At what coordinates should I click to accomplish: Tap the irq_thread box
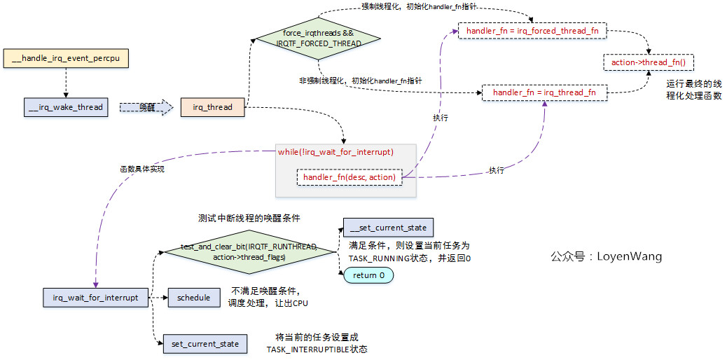pyautogui.click(x=212, y=107)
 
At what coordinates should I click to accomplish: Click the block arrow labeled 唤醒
pyautogui.click(x=146, y=107)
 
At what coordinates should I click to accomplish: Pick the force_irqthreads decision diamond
pyautogui.click(x=319, y=39)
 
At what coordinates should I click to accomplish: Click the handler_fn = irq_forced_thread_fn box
pyautogui.click(x=532, y=32)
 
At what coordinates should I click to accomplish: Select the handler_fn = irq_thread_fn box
pyautogui.click(x=544, y=92)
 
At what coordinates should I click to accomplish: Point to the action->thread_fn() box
pyautogui.click(x=648, y=62)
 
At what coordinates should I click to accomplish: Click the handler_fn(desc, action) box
pyautogui.click(x=349, y=177)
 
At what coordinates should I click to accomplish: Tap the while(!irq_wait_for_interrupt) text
pyautogui.click(x=335, y=152)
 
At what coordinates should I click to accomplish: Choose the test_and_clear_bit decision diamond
pyautogui.click(x=249, y=252)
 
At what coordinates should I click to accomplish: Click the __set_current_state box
pyautogui.click(x=388, y=228)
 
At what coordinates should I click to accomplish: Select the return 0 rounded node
pyautogui.click(x=368, y=275)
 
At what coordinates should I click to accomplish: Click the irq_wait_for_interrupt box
pyautogui.click(x=95, y=297)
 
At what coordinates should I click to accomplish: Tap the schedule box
pyautogui.click(x=193, y=297)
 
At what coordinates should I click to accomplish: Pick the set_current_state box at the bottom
pyautogui.click(x=205, y=343)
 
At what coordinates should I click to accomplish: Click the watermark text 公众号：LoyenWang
pyautogui.click(x=606, y=256)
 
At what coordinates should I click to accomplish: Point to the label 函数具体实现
pyautogui.click(x=141, y=169)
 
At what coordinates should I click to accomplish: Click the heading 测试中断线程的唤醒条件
pyautogui.click(x=249, y=219)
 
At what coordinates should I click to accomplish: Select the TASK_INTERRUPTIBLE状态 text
pyautogui.click(x=317, y=349)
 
